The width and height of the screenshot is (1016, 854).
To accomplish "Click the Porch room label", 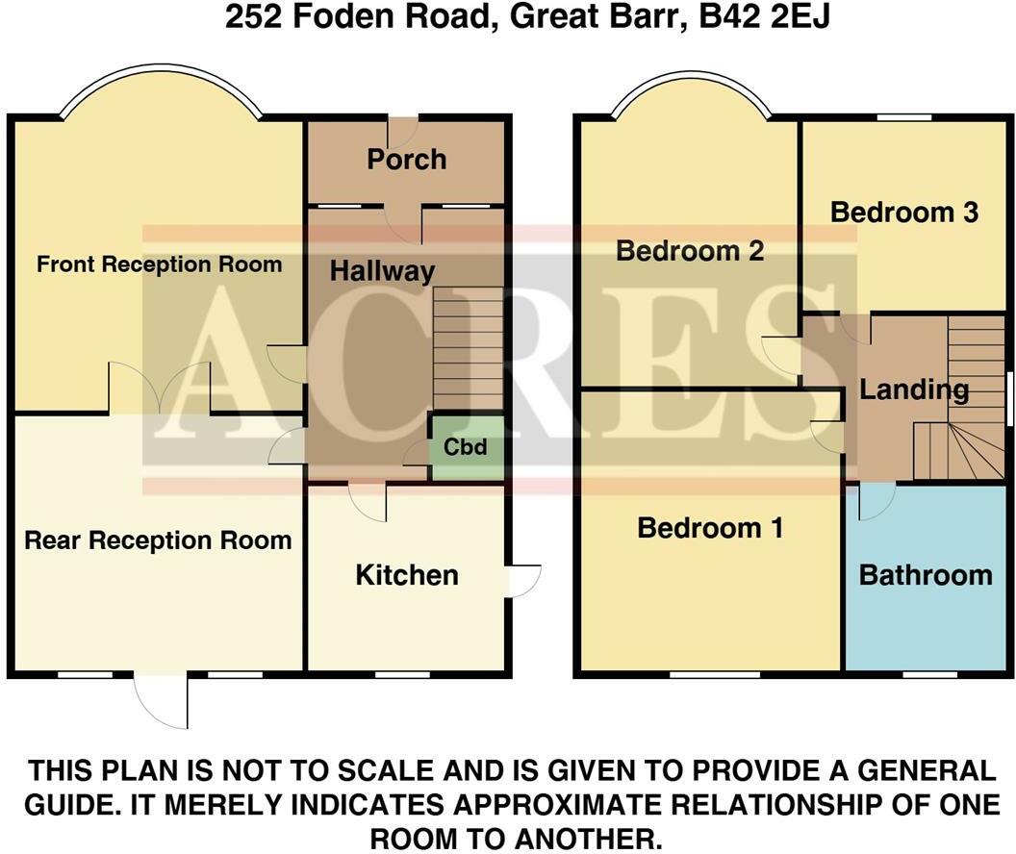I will tap(406, 159).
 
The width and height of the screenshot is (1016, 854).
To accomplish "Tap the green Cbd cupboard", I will tap(466, 448).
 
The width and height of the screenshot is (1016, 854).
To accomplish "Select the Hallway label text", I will tap(382, 271).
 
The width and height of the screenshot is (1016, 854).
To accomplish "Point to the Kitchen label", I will tap(406, 575).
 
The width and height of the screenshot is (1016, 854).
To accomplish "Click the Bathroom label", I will tap(925, 575).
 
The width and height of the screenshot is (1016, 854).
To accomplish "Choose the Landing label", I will tap(913, 389).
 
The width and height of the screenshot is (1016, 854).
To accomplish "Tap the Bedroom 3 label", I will tap(903, 212).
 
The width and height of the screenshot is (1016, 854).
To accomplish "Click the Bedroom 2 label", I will tap(690, 251).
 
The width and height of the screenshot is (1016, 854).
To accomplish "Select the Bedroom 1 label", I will tap(710, 528).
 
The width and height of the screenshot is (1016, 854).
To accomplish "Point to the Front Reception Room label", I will tap(160, 264).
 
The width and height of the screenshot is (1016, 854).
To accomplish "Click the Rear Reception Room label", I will tap(158, 540).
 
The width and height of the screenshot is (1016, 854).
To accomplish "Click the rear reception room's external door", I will tap(162, 698).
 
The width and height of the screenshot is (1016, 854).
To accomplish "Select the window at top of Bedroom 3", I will tap(903, 117).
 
